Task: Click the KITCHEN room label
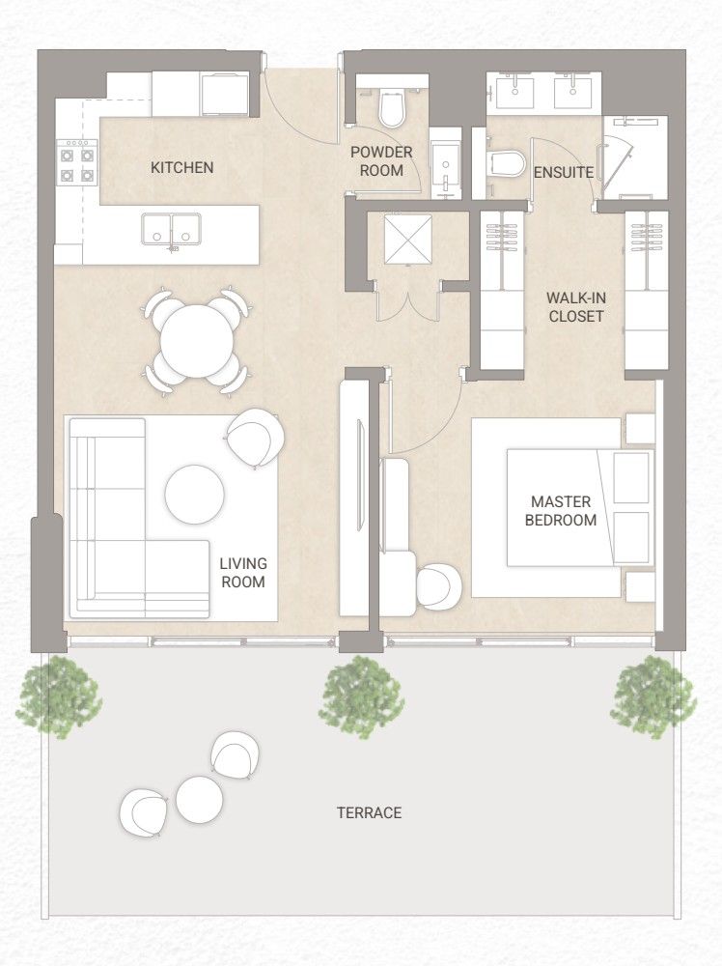[x=182, y=167]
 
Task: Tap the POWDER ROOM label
[x=381, y=161]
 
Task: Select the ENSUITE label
[x=564, y=173]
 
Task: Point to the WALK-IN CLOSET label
[x=576, y=307]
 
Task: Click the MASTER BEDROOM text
[x=561, y=511]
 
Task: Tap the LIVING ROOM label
[x=244, y=572]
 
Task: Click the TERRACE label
[x=370, y=813]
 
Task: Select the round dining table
[x=197, y=341]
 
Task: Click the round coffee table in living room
[x=195, y=494]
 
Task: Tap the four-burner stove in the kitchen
[x=77, y=162]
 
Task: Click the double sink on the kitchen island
[x=171, y=229]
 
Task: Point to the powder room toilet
[x=391, y=108]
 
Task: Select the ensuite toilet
[x=507, y=164]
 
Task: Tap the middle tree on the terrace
[x=362, y=696]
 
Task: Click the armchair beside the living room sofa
[x=256, y=439]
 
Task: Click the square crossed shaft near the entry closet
[x=408, y=239]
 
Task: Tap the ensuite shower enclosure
[x=634, y=157]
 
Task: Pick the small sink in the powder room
[x=445, y=164]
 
